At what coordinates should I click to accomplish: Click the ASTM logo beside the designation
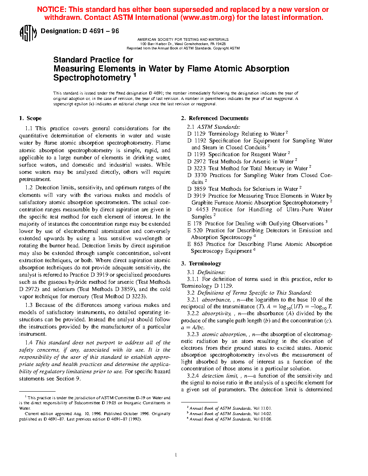click(28, 33)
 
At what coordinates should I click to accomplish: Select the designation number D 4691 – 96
click(101, 31)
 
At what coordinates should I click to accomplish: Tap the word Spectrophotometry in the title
click(92, 78)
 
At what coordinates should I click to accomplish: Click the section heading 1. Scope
click(30, 118)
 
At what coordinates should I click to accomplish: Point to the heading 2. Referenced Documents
click(215, 118)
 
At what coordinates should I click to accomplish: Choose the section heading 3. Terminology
click(201, 264)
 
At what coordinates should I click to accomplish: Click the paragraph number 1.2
click(29, 188)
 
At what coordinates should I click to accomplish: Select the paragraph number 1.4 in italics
click(29, 343)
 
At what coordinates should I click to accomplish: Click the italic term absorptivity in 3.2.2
click(216, 314)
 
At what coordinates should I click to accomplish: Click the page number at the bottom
click(176, 455)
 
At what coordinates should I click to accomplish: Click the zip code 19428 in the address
click(220, 44)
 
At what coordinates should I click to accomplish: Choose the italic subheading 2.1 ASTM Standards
click(213, 127)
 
